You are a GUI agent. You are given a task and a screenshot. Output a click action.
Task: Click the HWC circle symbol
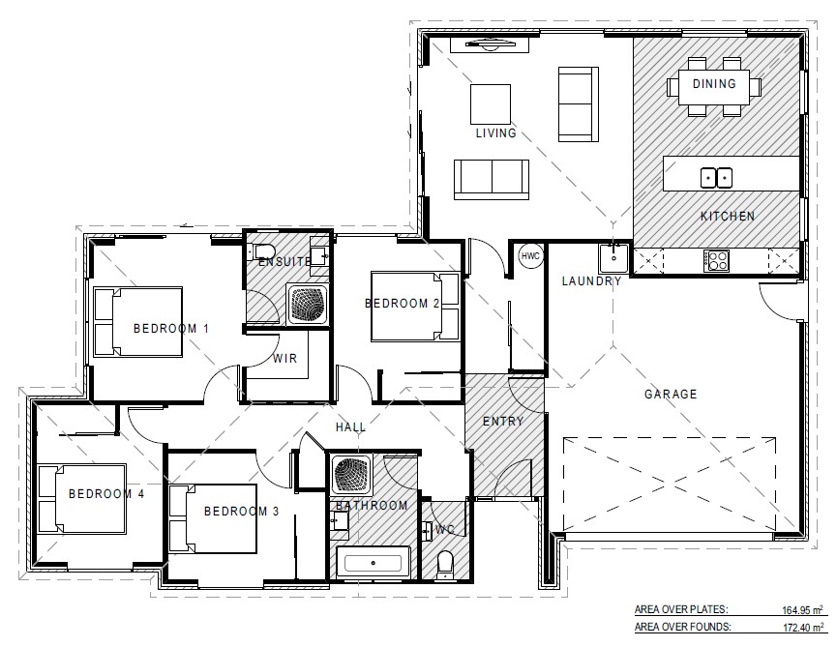(530, 256)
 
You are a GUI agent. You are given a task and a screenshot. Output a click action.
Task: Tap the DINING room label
(714, 84)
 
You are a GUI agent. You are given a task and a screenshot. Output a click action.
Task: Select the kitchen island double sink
(715, 177)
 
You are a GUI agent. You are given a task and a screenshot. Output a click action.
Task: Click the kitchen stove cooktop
(718, 259)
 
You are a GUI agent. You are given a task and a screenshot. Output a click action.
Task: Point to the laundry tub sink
(612, 258)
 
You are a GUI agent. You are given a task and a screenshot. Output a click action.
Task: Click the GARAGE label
(671, 395)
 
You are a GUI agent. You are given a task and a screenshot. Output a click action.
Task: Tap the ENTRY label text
(502, 422)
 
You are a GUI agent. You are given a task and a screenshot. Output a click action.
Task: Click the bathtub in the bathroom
(374, 561)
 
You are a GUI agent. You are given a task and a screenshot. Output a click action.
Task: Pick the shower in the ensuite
(310, 303)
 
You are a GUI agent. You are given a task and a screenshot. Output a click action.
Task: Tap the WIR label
(284, 359)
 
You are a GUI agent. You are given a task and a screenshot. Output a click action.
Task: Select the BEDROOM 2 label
(402, 304)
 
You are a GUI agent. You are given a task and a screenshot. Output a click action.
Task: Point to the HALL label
(349, 426)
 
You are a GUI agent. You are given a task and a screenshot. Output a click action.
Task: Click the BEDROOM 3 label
(241, 512)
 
